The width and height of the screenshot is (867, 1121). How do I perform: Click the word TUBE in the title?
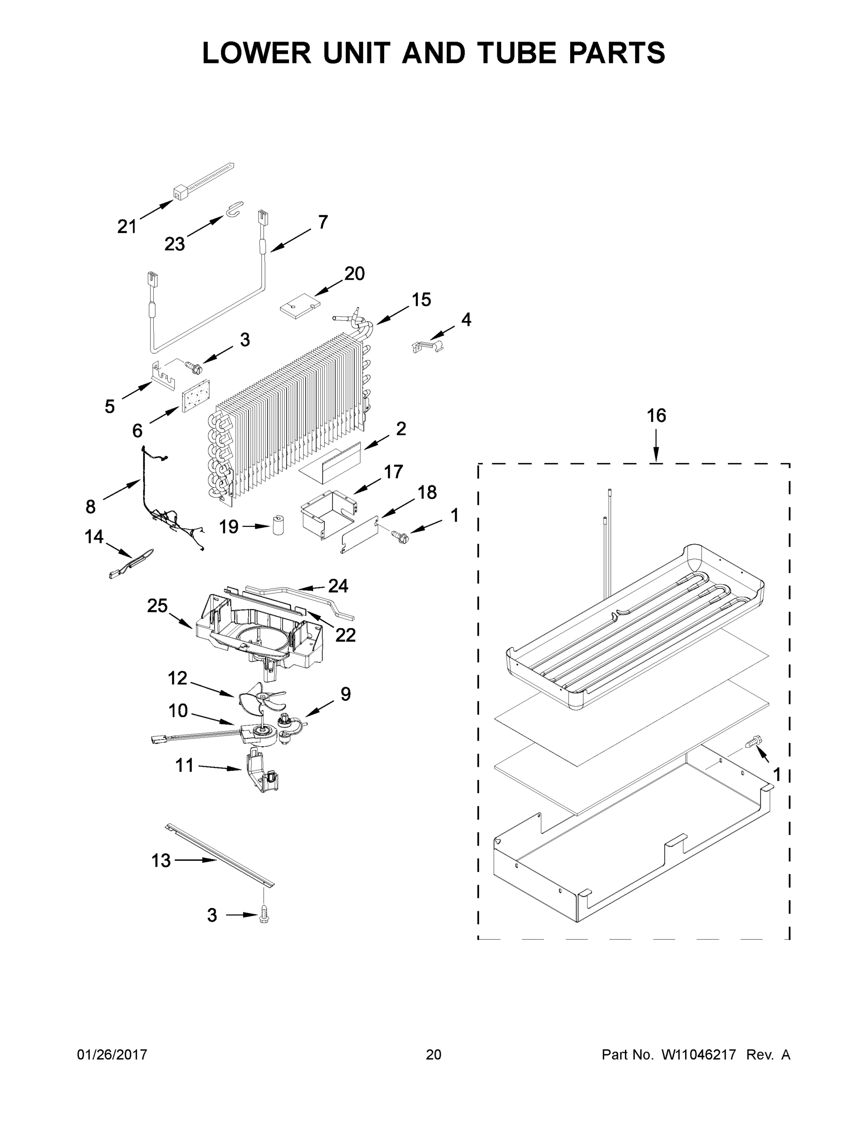(x=520, y=53)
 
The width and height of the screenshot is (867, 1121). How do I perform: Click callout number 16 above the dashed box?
(x=656, y=415)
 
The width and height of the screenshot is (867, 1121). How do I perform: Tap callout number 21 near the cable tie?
(x=127, y=227)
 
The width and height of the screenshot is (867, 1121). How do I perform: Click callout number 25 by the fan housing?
(x=157, y=606)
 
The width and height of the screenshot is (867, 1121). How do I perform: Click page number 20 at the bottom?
(x=433, y=1054)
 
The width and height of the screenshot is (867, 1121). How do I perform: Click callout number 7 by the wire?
(x=322, y=222)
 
